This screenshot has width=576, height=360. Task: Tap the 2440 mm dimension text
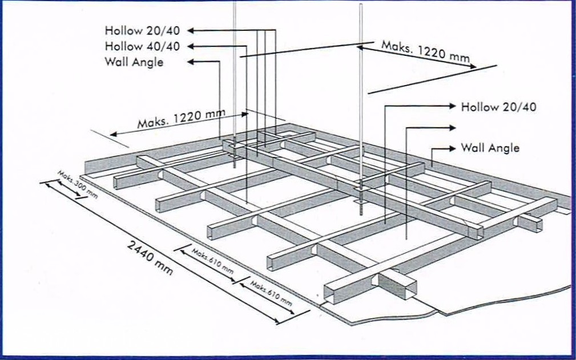click(150, 257)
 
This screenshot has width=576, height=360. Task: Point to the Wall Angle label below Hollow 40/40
click(134, 62)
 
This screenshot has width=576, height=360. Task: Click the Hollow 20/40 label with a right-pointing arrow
click(498, 107)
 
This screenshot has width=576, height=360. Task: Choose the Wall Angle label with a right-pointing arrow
click(490, 148)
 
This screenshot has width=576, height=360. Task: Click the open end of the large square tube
click(406, 288)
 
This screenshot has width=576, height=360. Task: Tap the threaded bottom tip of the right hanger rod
click(361, 210)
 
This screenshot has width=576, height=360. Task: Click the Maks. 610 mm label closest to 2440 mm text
click(212, 261)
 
